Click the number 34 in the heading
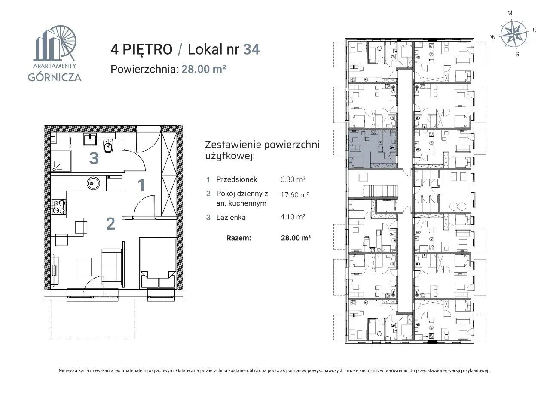[x=251, y=49]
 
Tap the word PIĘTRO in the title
[x=147, y=49]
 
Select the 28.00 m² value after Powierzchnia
[x=204, y=69]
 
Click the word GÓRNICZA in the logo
[x=55, y=77]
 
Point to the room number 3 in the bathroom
[x=94, y=158]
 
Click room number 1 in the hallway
[x=141, y=185]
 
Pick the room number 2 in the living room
[x=110, y=224]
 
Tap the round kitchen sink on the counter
[x=93, y=183]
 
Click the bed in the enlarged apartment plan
[x=158, y=263]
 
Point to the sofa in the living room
[x=112, y=267]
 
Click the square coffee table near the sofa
[x=83, y=267]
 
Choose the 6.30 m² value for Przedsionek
[x=293, y=179]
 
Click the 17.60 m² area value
[x=295, y=195]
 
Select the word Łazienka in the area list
[x=231, y=217]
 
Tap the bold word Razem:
[x=238, y=238]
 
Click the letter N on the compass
[x=510, y=13]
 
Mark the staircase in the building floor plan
[x=380, y=191]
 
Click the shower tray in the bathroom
[x=61, y=161]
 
